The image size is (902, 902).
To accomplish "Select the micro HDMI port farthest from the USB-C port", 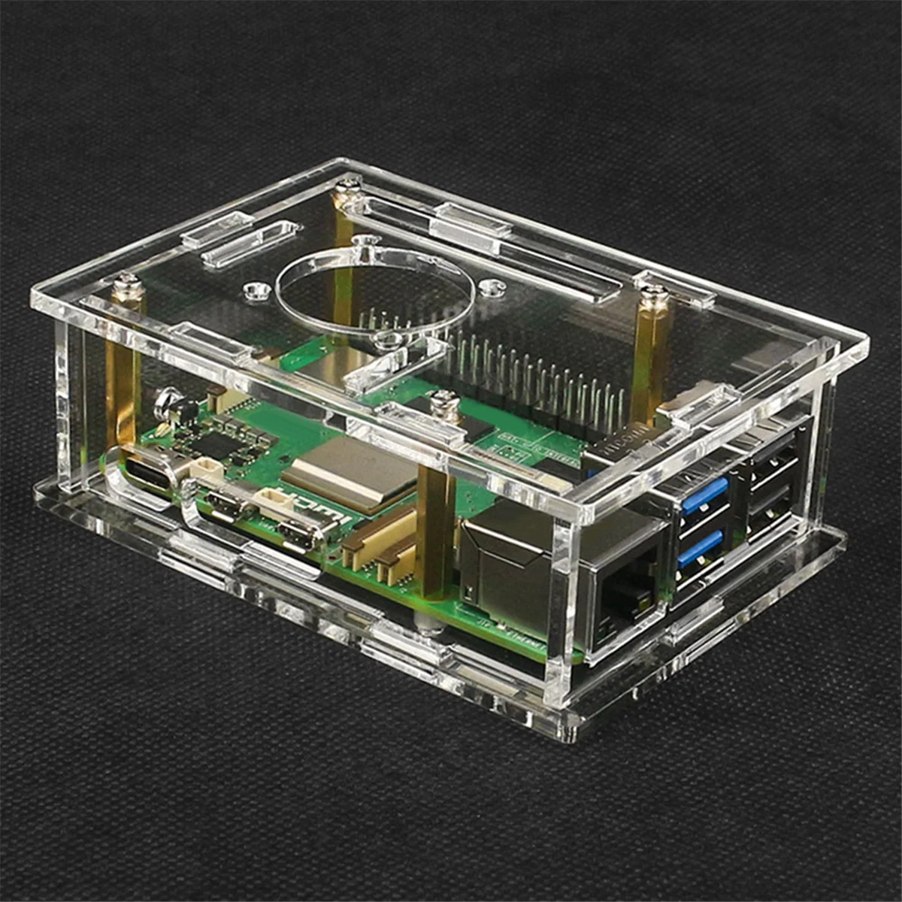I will click(x=298, y=534).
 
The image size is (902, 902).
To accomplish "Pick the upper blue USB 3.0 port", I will click(x=704, y=497).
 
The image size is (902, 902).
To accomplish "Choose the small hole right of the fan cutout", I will click(x=492, y=286).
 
